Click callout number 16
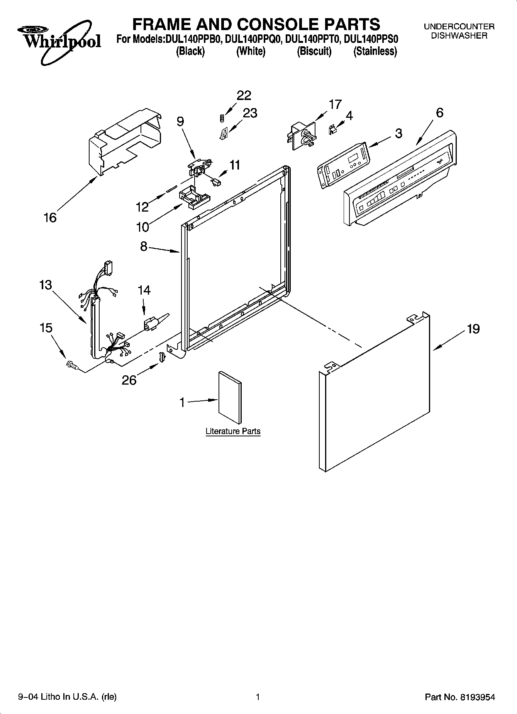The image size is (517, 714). [50, 218]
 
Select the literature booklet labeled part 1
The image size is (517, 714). [230, 398]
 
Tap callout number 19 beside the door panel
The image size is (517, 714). [473, 329]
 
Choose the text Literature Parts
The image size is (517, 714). [233, 431]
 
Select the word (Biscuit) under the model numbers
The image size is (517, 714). [314, 51]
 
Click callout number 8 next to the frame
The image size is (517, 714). [144, 246]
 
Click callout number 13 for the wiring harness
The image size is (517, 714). [46, 285]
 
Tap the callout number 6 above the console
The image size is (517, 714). [439, 113]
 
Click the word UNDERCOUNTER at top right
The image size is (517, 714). [459, 27]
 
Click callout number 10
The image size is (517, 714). [142, 227]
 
